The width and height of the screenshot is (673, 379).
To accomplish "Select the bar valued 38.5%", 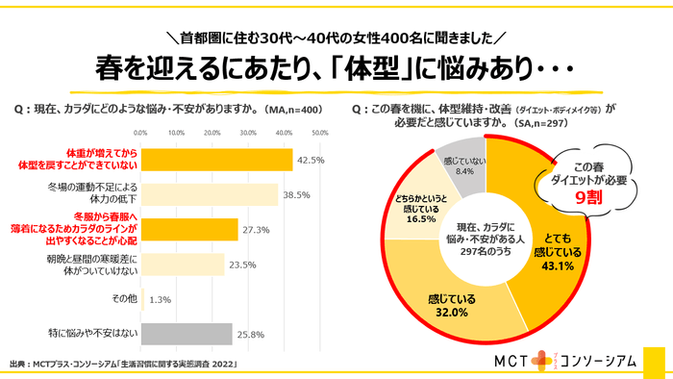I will (209, 194).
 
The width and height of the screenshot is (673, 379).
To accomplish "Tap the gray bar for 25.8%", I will (187, 333).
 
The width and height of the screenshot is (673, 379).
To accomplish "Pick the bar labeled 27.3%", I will (189, 229).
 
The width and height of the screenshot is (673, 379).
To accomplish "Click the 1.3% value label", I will (160, 299).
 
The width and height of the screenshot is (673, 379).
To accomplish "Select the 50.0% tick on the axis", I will (320, 132).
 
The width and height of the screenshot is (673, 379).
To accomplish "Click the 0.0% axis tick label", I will (141, 132).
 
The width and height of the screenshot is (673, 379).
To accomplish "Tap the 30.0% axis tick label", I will (248, 132).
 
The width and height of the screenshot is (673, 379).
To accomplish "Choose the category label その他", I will (124, 299).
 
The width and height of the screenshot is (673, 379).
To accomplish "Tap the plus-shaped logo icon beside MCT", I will (545, 359).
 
